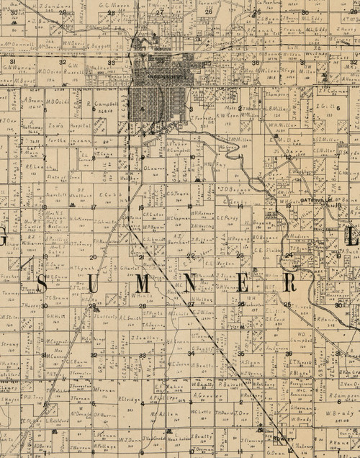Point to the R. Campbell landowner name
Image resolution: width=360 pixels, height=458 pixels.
(105, 104)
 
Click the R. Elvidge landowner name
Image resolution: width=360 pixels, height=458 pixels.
(127, 398)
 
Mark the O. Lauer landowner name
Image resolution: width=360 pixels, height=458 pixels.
(155, 168)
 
